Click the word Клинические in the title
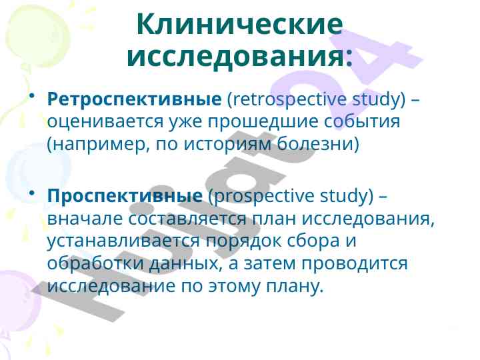(240, 25)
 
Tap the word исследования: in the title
(240, 57)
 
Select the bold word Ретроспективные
(135, 99)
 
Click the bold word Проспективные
(125, 196)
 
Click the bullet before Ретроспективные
(31, 97)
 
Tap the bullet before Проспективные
(31, 193)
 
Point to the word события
(362, 121)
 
